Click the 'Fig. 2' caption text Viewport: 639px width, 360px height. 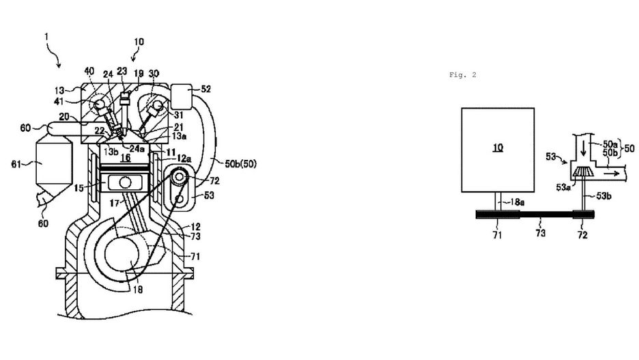(463, 74)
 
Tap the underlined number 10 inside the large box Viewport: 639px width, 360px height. (498, 147)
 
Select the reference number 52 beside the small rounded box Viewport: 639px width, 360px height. (205, 89)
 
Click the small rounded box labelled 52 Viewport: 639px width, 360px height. (182, 96)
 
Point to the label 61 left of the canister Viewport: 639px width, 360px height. (16, 165)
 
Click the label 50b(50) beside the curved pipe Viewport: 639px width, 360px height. (241, 164)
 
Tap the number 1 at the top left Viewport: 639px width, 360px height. (46, 37)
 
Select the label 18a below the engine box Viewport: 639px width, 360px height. (517, 202)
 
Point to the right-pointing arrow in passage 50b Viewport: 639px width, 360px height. (611, 174)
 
